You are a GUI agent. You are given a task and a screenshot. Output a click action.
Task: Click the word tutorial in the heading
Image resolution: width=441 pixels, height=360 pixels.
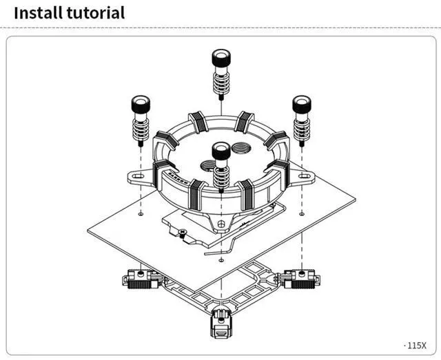tap(96, 12)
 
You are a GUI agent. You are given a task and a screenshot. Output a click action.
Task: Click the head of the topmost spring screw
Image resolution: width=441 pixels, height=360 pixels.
tap(221, 58)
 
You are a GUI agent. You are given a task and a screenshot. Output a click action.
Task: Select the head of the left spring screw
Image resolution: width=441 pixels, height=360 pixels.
tap(141, 104)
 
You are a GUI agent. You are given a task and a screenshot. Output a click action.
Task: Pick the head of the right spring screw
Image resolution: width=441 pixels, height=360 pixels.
tap(302, 104)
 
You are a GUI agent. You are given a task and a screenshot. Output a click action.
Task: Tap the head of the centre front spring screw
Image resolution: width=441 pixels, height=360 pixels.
tap(221, 150)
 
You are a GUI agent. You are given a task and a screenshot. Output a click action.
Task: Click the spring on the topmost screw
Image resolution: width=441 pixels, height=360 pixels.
tap(221, 83)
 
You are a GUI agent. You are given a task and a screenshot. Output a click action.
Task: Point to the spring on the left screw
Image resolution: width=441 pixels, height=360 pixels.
tap(141, 129)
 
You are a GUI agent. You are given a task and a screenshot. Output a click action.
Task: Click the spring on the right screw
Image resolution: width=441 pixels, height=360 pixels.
tap(302, 129)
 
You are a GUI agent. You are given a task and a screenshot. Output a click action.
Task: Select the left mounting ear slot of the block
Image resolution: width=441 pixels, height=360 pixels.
tap(138, 176)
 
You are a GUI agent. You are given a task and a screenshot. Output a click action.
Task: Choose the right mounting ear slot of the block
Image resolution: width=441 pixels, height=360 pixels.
tap(305, 176)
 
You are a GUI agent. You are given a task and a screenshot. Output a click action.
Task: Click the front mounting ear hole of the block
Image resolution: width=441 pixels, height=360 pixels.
tap(221, 224)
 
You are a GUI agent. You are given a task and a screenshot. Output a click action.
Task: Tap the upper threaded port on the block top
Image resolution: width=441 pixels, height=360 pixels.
tap(241, 147)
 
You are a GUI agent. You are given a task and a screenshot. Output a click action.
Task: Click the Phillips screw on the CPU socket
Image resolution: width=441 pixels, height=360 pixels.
tap(182, 232)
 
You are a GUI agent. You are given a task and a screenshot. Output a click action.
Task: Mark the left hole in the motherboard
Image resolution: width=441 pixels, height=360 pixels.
tap(141, 214)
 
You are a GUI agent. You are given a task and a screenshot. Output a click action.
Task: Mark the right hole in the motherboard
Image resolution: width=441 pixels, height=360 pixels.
tap(302, 214)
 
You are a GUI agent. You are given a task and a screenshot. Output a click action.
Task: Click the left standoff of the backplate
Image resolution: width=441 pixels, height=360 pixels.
tap(141, 279)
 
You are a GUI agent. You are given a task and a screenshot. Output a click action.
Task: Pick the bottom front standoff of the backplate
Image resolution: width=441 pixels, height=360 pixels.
tap(221, 323)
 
